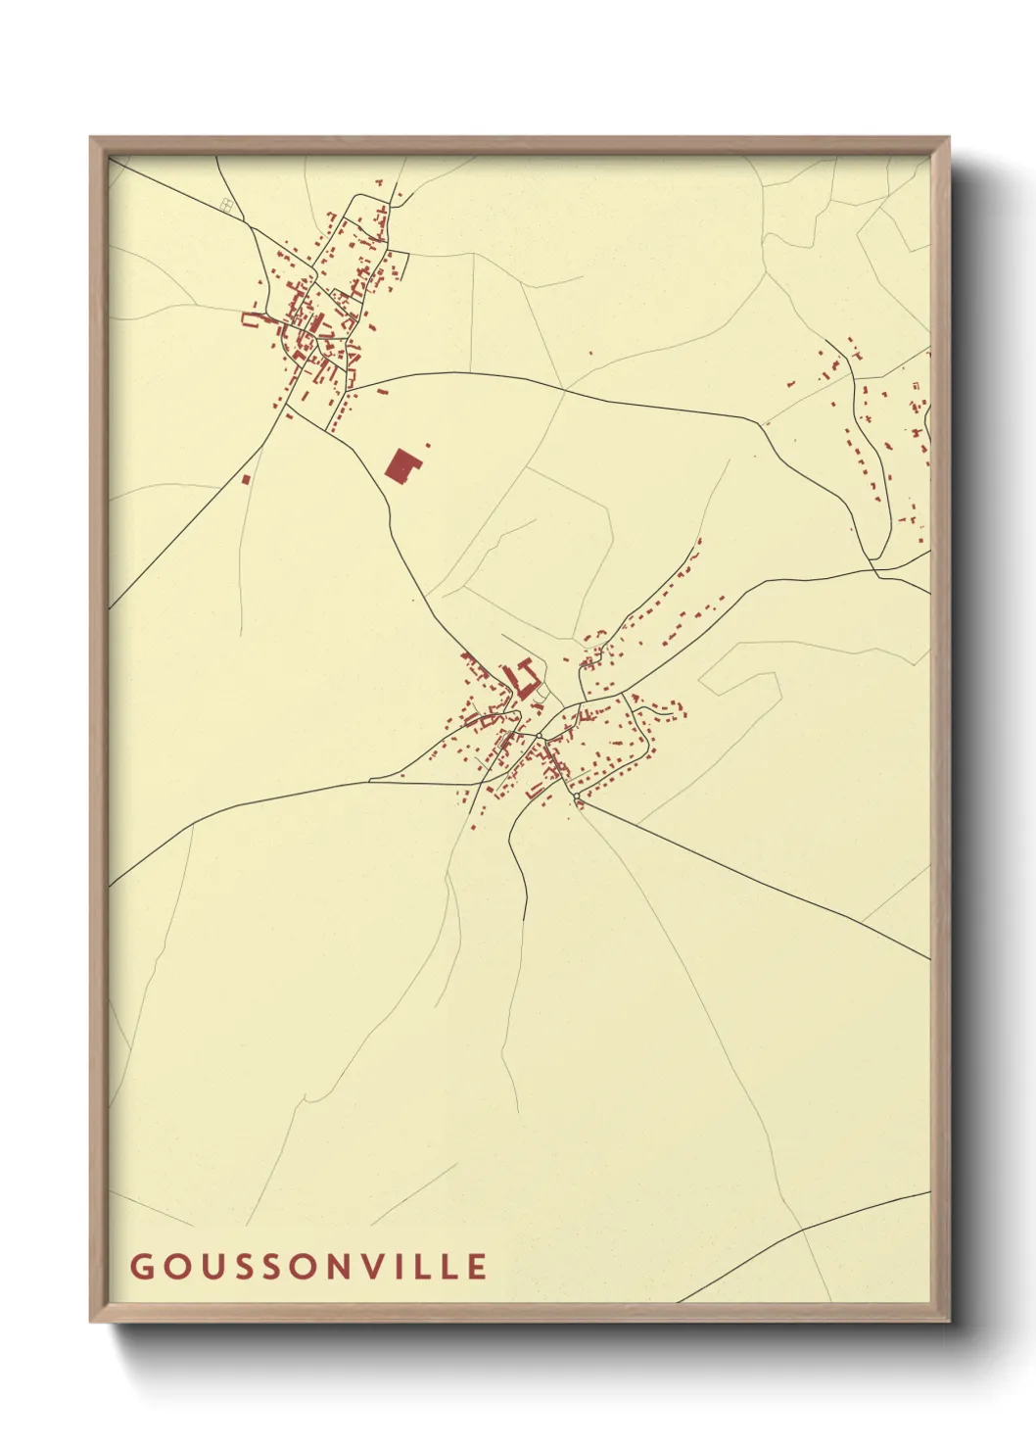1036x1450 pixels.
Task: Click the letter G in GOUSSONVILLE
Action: point(140,1266)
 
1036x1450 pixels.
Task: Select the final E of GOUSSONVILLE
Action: point(476,1266)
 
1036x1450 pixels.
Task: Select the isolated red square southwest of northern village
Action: point(246,479)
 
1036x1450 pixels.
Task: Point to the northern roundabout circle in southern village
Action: point(539,735)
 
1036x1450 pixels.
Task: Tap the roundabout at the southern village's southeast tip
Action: point(579,804)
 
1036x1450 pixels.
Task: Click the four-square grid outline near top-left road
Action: point(228,205)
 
